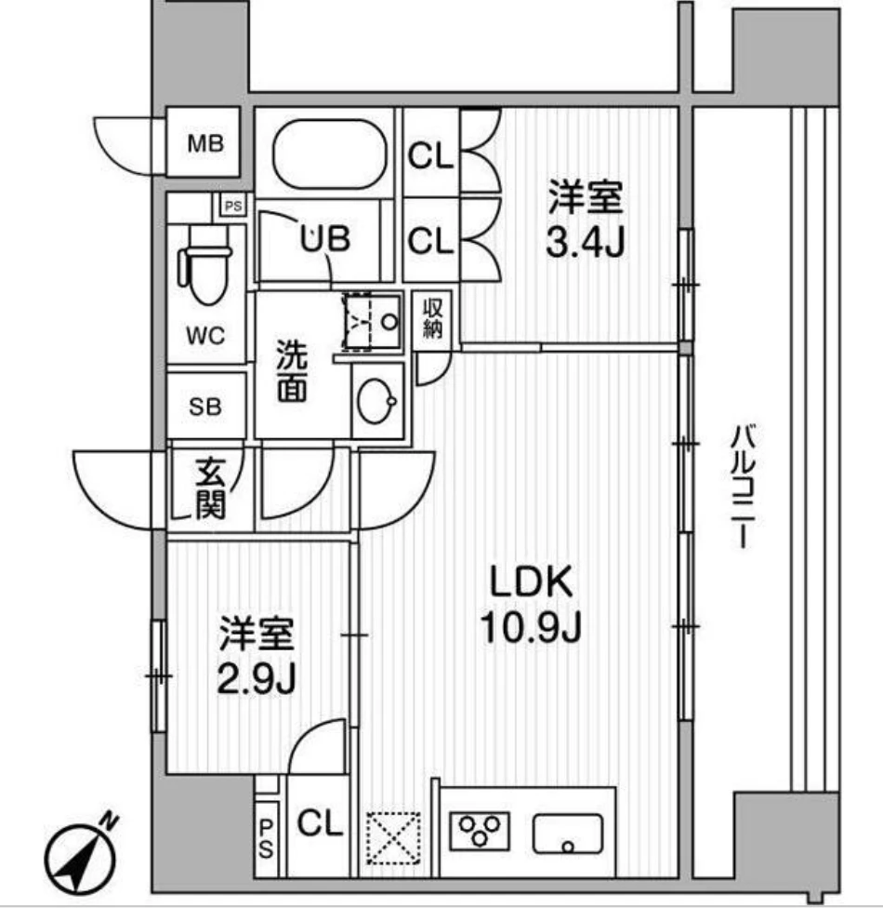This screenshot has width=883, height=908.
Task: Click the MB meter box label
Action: click(205, 144)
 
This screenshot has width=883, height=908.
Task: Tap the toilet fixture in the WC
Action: click(205, 265)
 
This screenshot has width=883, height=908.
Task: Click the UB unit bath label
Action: click(323, 239)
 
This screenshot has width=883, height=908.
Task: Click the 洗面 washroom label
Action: click(293, 373)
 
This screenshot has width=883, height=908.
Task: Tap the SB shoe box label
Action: click(205, 407)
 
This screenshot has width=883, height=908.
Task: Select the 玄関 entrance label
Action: click(206, 490)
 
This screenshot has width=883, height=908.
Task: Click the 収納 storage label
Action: click(432, 318)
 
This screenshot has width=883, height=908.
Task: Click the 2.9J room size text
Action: click(257, 680)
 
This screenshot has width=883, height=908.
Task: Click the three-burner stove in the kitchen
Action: click(480, 830)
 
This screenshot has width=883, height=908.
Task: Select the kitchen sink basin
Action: click(567, 831)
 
